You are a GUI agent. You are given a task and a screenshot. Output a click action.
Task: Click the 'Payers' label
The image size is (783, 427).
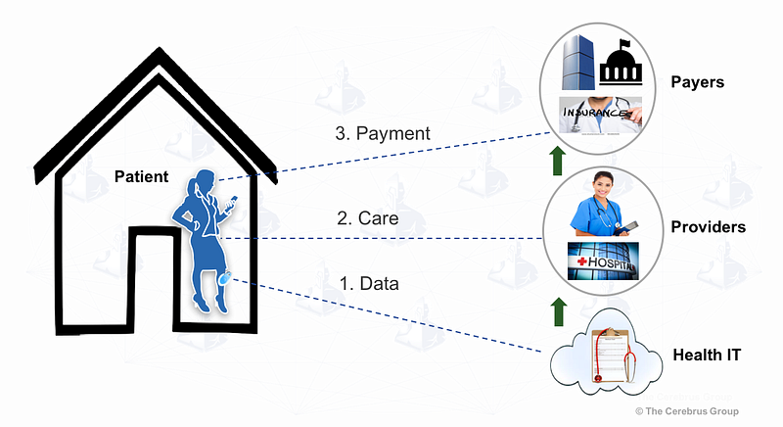tap(697, 82)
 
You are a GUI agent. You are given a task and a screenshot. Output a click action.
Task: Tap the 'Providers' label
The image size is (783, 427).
tap(708, 227)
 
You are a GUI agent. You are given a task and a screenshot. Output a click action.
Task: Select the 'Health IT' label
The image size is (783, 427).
tap(707, 355)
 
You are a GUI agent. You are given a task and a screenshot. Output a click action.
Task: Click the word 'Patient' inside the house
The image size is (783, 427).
tap(141, 176)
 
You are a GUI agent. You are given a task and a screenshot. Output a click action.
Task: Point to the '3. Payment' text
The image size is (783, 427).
tap(383, 133)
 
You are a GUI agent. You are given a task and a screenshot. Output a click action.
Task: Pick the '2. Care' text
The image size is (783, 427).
tap(368, 218)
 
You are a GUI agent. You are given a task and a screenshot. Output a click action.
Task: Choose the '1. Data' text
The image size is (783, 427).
tap(369, 284)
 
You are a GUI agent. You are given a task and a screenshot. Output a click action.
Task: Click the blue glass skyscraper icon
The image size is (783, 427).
tap(578, 62)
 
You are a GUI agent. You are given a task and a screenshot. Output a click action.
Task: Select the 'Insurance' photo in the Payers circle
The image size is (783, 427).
tap(600, 115)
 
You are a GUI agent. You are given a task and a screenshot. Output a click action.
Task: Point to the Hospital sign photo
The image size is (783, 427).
tap(603, 261)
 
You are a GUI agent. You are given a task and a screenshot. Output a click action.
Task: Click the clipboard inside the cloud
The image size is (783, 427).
tap(610, 356)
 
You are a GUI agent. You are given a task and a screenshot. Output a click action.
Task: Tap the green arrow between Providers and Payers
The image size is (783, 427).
tap(558, 161)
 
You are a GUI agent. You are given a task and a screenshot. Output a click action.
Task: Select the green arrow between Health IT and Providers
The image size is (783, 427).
tap(558, 311)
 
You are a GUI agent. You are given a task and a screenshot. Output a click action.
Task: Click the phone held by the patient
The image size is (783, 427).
tap(232, 204)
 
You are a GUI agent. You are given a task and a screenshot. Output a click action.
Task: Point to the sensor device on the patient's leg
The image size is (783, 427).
tap(225, 278)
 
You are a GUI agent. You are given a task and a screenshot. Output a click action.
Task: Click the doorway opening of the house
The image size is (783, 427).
tap(154, 282)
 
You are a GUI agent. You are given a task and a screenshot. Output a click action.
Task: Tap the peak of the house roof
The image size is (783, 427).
tap(160, 48)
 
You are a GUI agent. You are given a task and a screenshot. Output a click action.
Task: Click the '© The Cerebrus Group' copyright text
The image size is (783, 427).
tap(687, 411)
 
